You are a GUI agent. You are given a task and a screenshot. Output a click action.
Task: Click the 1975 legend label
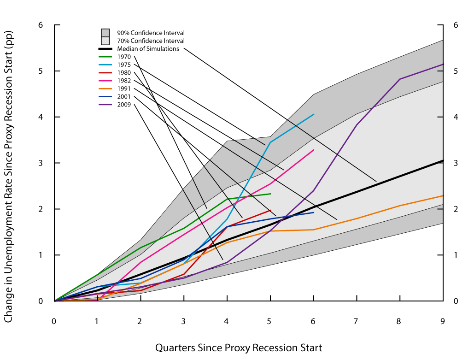124,65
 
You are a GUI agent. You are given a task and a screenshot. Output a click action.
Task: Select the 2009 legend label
124,105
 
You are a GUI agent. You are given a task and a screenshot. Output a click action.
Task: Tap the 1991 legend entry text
124,89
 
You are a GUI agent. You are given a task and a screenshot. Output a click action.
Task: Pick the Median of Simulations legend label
148,49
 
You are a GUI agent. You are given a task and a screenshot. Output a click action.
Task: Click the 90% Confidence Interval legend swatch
105,33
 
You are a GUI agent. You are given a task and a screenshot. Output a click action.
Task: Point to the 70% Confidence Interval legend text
151,41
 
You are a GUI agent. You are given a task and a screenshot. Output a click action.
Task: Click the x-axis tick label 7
357,322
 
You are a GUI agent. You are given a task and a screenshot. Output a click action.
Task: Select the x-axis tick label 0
54,322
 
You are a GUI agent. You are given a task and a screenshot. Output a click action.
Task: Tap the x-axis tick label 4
227,322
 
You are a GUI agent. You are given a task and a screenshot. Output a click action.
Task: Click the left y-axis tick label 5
41,71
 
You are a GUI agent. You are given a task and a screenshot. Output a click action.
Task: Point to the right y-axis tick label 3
456,163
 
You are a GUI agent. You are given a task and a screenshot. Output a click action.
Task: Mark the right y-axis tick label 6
456,25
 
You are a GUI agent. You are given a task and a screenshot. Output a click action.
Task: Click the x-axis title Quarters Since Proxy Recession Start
239,348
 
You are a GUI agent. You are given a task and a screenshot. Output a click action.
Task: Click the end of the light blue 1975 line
314,114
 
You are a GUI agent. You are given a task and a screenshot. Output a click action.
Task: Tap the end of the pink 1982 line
314,150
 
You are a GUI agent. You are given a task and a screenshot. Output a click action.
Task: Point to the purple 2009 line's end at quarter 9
443,64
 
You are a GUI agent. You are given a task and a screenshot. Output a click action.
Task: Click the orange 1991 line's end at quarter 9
443,196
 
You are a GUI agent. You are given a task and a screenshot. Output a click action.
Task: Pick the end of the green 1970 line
270,194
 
